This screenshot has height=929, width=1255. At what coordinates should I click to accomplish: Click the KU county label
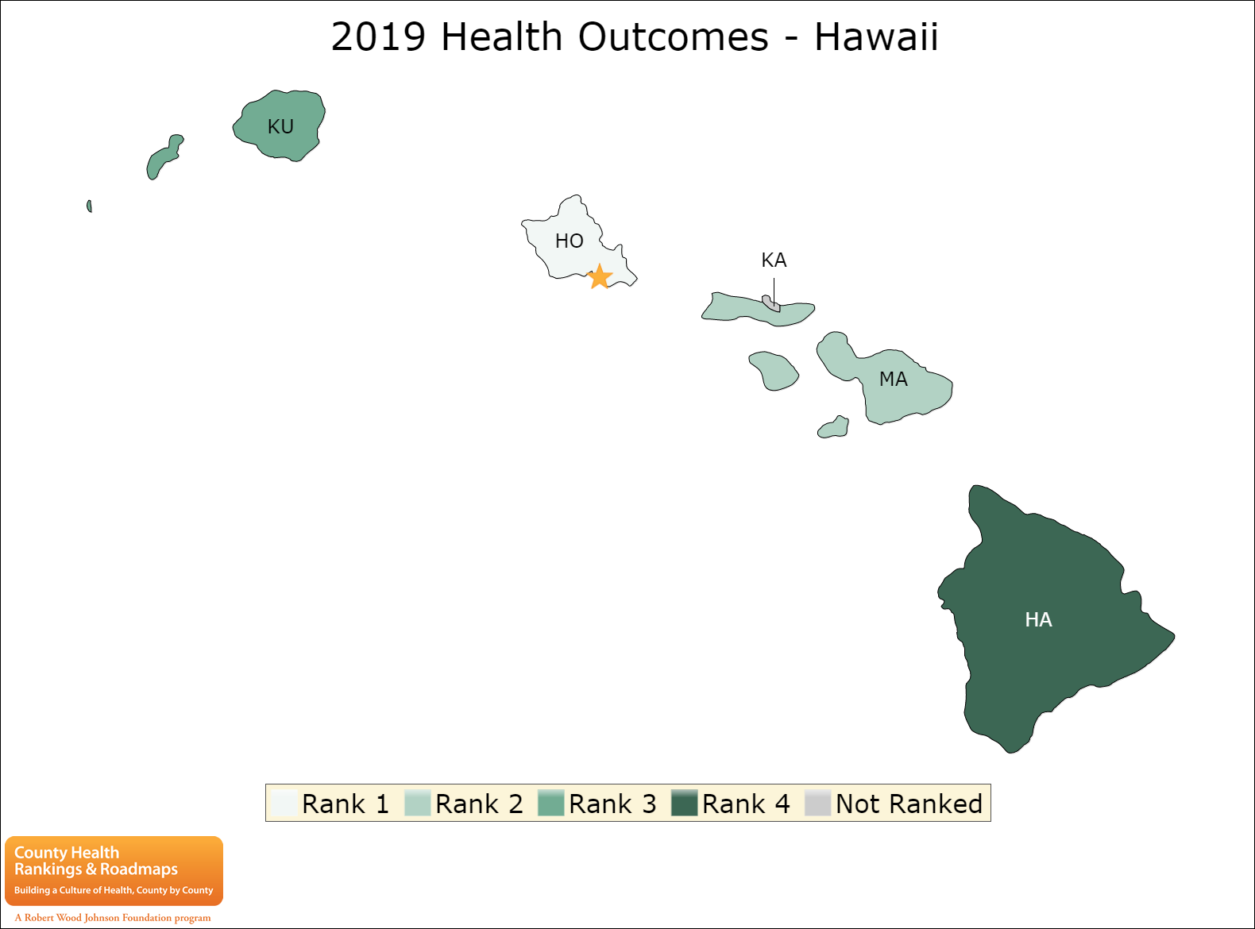(x=280, y=126)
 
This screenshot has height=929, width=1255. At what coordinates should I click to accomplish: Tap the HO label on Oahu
(x=569, y=241)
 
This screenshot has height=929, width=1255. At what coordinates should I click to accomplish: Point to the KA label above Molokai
(x=774, y=260)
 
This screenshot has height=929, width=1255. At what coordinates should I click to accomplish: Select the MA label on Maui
(x=893, y=379)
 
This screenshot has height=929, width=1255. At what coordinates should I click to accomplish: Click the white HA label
(x=1038, y=619)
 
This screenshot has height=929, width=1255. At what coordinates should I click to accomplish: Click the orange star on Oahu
(x=599, y=276)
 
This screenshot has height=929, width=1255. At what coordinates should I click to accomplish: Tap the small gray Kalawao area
(x=770, y=303)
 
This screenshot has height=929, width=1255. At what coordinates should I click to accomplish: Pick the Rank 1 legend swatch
(x=284, y=803)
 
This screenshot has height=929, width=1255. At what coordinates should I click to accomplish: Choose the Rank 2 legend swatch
(x=418, y=803)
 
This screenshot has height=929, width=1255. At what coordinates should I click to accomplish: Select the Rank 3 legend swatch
(x=550, y=803)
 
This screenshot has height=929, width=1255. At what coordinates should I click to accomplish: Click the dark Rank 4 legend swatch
(x=684, y=803)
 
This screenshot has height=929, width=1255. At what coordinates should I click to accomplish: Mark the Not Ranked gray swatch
(x=817, y=803)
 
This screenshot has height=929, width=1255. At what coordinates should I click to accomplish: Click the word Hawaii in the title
(x=876, y=37)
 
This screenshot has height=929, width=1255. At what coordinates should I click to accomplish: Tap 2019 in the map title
(x=378, y=37)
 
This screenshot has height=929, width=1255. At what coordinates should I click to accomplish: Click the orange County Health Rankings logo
(x=114, y=871)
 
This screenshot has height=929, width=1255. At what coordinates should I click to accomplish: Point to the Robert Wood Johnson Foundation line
(x=113, y=918)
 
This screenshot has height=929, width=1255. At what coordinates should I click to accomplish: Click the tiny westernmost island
(x=89, y=206)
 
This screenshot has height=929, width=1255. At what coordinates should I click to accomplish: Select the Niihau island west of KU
(x=164, y=156)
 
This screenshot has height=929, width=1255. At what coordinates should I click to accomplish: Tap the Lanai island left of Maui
(x=774, y=371)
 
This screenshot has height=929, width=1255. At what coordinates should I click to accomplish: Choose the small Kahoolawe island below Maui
(x=833, y=427)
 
